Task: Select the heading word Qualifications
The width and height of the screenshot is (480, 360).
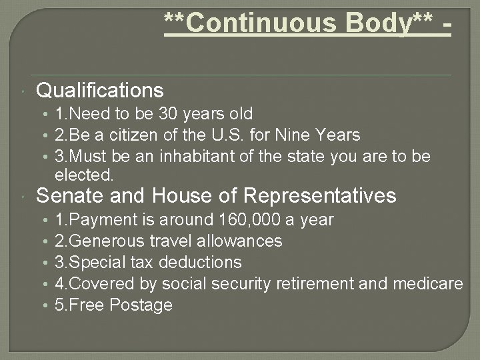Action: (100, 90)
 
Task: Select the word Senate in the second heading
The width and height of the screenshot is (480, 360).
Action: (71, 196)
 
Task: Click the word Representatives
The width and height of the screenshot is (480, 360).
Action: (321, 196)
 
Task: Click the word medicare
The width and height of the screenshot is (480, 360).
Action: (427, 284)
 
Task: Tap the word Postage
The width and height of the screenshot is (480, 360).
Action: (142, 305)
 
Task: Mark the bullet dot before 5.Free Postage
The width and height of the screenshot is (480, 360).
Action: (44, 305)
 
